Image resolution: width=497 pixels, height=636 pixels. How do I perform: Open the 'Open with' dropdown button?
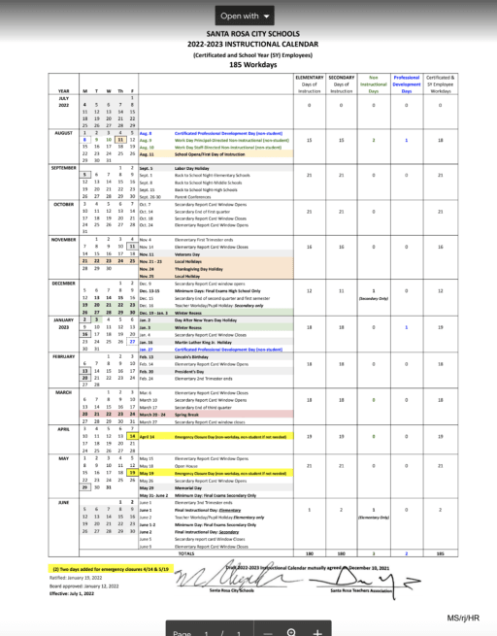[x=248, y=16]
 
